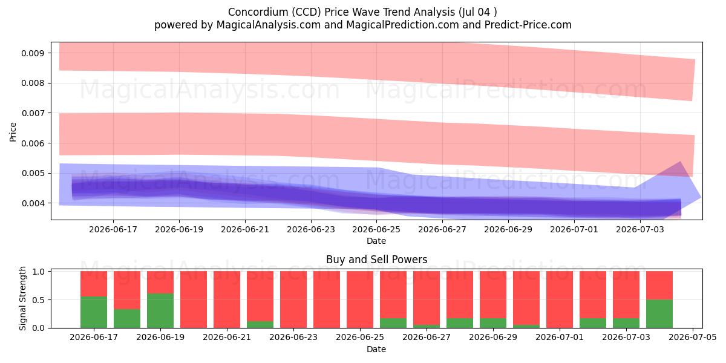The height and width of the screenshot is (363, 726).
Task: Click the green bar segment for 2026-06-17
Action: [x=94, y=312]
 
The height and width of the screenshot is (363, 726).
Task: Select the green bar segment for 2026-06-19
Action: [x=160, y=310]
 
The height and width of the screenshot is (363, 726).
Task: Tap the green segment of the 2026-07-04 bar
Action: [x=659, y=314]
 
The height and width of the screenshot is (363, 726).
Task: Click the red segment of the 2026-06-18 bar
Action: [x=127, y=290]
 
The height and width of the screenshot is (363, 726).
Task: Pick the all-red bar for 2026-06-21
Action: [x=227, y=299]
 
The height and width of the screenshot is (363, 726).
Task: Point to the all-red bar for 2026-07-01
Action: [x=560, y=299]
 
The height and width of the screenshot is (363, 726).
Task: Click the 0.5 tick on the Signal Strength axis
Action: [x=39, y=300]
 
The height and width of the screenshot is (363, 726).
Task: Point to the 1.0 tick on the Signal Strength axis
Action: [x=39, y=272]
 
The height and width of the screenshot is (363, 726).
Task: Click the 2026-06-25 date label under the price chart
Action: [x=376, y=229]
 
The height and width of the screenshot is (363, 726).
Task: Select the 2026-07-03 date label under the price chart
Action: [x=640, y=229]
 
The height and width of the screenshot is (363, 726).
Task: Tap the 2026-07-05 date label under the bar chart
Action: [x=693, y=337]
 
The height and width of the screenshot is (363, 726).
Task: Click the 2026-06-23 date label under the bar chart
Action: [x=293, y=337]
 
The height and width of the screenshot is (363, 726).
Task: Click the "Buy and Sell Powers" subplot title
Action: [x=376, y=260]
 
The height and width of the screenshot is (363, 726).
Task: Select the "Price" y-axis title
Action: [x=13, y=132]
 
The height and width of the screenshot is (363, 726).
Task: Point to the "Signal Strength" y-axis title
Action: [x=22, y=298]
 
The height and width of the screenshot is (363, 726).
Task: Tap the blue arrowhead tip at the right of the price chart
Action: [x=701, y=197]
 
